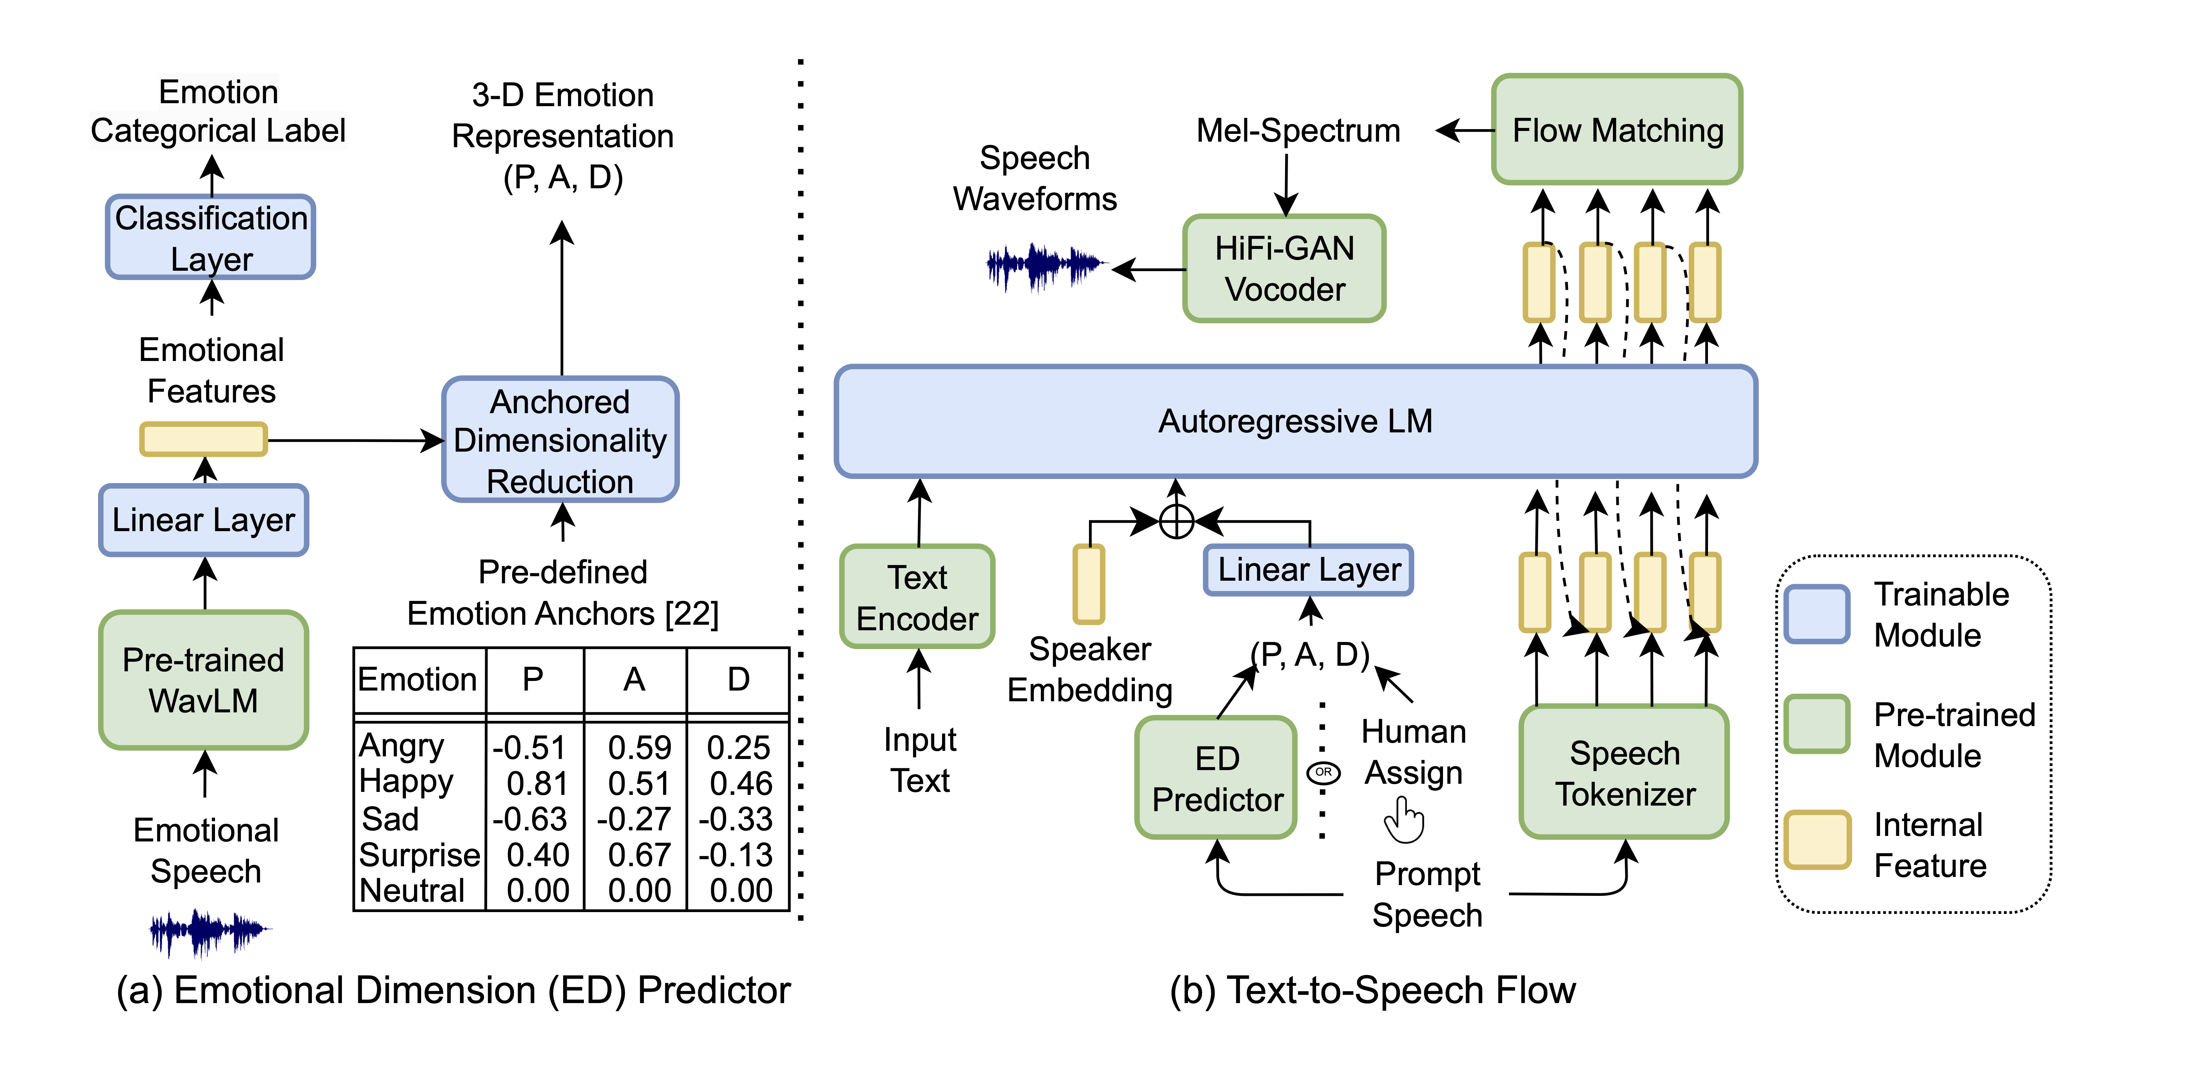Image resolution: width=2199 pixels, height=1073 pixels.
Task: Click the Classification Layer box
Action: coord(211,237)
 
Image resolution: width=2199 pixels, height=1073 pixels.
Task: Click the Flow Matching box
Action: coord(1617,130)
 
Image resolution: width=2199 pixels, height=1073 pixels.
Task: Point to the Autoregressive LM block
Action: coord(1295,421)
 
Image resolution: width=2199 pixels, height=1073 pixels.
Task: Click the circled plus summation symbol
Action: coord(1176,521)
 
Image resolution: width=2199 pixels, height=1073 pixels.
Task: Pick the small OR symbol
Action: coord(1323,772)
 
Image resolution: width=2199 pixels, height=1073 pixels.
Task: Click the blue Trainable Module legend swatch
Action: coord(1816,613)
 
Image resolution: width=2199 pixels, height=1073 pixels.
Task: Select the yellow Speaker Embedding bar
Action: coord(1089,585)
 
